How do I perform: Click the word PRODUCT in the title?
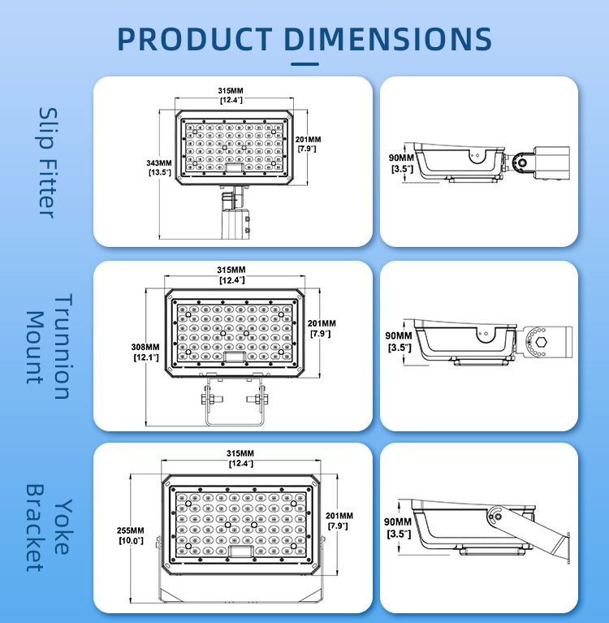point(195,39)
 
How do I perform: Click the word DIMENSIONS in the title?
point(388,39)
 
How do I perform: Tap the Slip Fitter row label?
point(48,162)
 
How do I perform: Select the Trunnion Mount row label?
point(50,346)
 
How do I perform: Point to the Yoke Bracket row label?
point(50,527)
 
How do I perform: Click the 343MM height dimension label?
point(159,167)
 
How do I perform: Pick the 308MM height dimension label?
point(145,353)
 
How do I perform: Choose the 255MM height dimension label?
point(131,535)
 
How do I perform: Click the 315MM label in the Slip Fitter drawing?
point(231,95)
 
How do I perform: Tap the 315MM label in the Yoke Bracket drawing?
point(240,458)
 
